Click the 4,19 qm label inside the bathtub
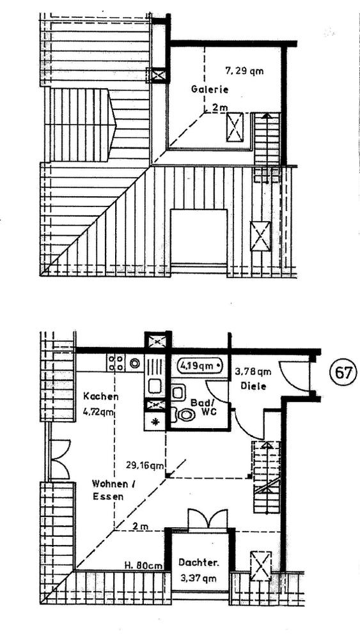tap(197, 366)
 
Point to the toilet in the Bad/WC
tap(187, 415)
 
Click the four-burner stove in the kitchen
tap(116, 363)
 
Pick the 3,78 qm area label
tap(253, 371)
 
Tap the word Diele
tap(253, 385)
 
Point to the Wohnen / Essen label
tap(113, 489)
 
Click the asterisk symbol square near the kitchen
tap(155, 421)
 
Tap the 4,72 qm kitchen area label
tap(100, 412)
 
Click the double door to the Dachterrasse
tap(207, 520)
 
